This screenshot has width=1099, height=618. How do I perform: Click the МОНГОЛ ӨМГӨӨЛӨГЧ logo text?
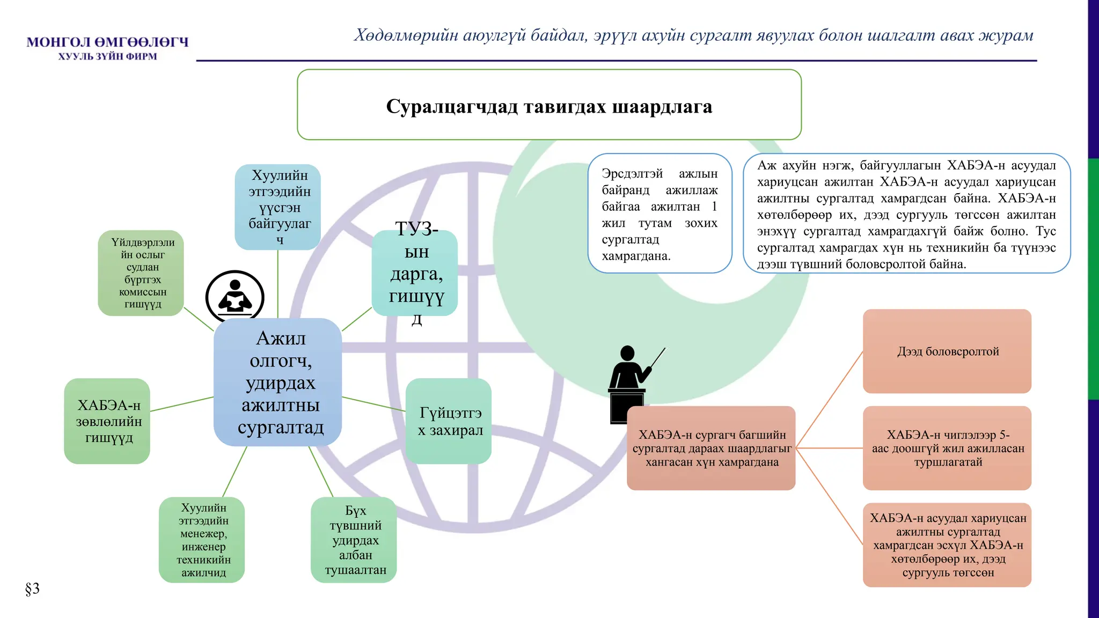(107, 42)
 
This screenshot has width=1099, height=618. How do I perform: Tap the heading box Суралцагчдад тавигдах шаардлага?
(549, 105)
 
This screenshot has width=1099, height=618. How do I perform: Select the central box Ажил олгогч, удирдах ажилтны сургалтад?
(278, 382)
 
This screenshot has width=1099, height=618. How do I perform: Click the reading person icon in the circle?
(235, 297)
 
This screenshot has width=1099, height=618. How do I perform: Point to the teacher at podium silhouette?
(631, 381)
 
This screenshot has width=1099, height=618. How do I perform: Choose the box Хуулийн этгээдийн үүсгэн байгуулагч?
(278, 207)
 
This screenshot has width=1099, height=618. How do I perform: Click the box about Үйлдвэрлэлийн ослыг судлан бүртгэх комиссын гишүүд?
(141, 273)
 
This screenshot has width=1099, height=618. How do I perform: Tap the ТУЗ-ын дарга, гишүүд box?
(415, 273)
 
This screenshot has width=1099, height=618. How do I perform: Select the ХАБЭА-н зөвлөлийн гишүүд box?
(107, 421)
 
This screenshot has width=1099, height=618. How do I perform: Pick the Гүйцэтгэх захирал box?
(449, 421)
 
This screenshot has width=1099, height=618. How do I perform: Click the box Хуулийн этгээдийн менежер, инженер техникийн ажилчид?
(202, 540)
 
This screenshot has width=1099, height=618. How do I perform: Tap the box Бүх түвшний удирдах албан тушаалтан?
(354, 540)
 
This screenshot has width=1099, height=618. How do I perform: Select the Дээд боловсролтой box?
(947, 351)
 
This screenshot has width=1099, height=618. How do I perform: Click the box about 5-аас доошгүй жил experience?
(947, 448)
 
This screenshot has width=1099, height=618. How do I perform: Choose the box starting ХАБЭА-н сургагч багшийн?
(711, 448)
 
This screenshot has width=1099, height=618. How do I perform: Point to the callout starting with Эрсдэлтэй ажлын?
(660, 214)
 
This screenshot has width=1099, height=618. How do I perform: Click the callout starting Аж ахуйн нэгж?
(906, 214)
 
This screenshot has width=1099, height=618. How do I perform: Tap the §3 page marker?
(32, 588)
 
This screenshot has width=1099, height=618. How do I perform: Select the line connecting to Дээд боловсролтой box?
(830, 399)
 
